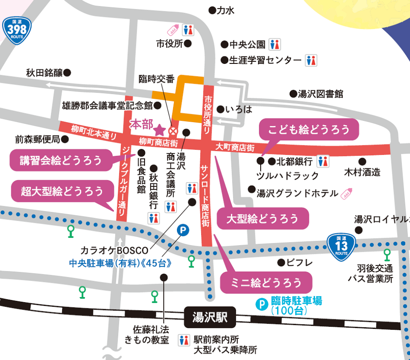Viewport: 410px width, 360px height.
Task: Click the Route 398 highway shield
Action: pyautogui.click(x=17, y=30)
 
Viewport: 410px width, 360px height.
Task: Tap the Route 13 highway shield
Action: pyautogui.click(x=341, y=246)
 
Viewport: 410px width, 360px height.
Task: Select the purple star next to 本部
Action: pyautogui.click(x=160, y=129)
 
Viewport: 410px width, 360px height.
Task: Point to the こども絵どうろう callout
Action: pyautogui.click(x=309, y=129)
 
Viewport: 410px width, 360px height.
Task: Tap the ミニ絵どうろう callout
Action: pyautogui.click(x=266, y=283)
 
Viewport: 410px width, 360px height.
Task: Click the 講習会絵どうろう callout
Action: pyautogui.click(x=61, y=161)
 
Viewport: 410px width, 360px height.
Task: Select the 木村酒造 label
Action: pyautogui.click(x=362, y=173)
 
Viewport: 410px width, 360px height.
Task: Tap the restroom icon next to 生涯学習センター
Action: pyautogui.click(x=311, y=60)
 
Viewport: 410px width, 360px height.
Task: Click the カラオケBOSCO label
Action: pyautogui.click(x=114, y=250)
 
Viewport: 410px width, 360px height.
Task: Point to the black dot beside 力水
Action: pyautogui.click(x=211, y=10)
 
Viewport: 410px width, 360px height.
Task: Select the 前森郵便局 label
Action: pyautogui.click(x=38, y=139)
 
